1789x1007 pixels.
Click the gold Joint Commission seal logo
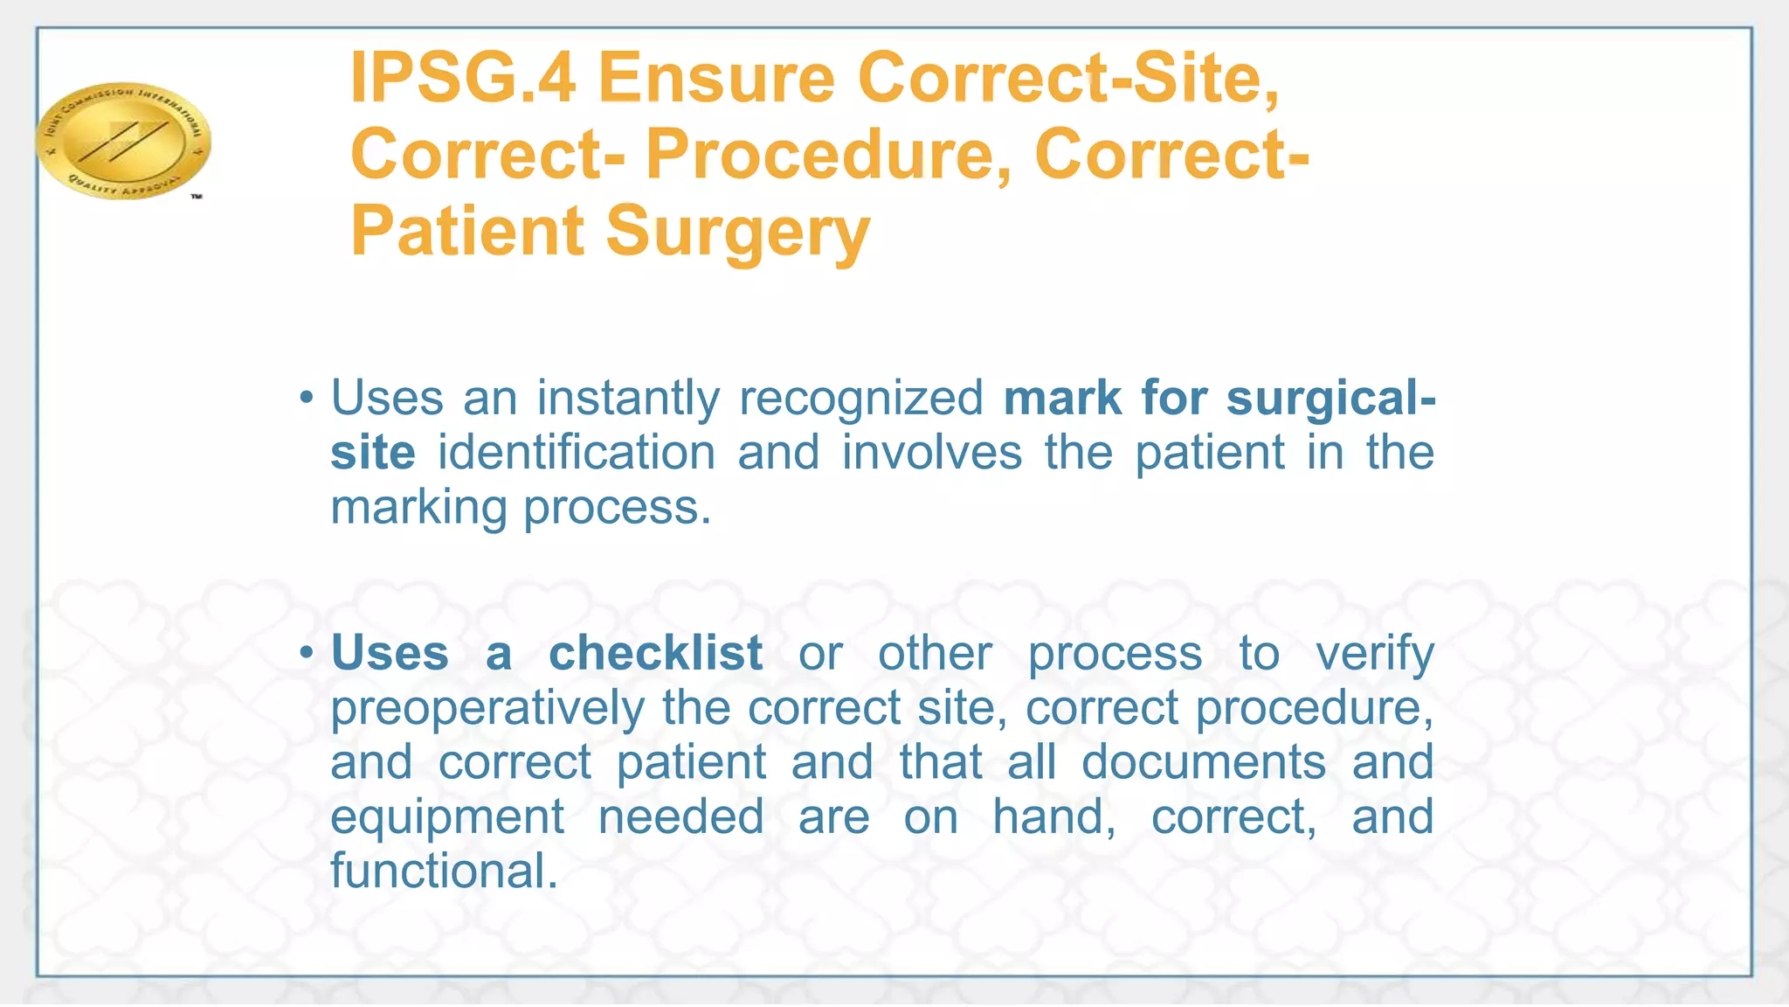[123, 140]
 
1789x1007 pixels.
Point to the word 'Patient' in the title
[467, 231]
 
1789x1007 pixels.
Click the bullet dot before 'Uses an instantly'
[305, 399]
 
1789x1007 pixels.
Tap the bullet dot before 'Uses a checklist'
[305, 653]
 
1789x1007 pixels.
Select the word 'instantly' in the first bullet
[628, 399]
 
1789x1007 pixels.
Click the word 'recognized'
[861, 399]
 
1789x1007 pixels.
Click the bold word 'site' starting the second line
[373, 453]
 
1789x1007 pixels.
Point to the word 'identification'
[577, 453]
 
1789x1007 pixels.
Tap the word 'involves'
[932, 453]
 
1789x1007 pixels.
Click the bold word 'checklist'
[655, 653]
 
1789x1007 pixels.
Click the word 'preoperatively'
[487, 707]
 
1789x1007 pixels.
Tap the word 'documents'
[1204, 762]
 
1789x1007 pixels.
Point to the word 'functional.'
[444, 871]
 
